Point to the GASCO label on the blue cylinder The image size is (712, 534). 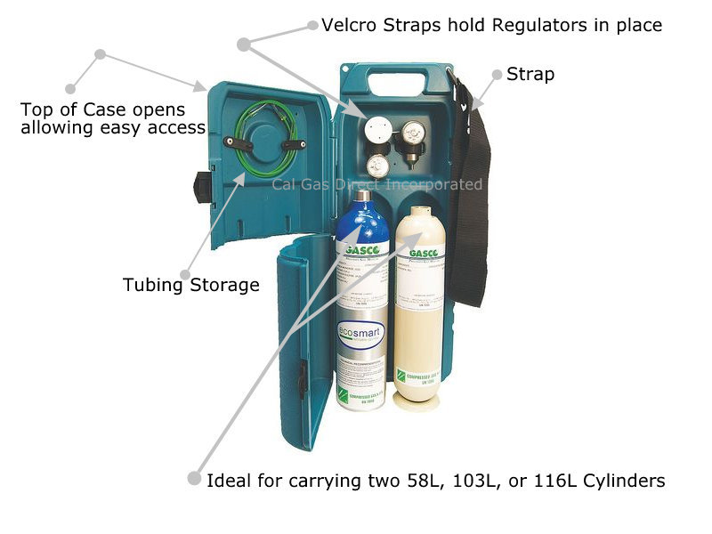coord(361,250)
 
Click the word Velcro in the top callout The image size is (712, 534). coord(351,25)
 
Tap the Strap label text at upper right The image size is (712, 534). coord(530,74)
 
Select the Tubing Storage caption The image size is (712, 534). coord(190,285)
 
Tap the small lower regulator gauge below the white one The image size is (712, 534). coord(378,165)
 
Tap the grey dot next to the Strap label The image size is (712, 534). coord(497,75)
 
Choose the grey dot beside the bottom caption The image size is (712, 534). coord(194,479)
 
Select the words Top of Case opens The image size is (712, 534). coord(103,110)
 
